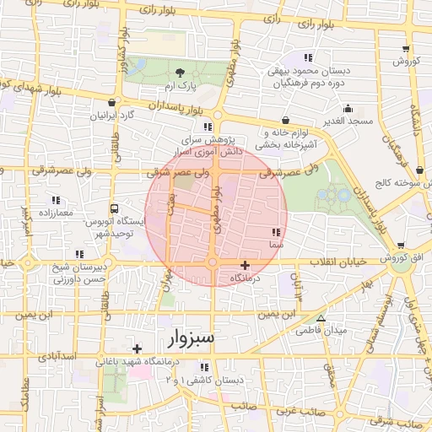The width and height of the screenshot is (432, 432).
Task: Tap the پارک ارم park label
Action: (x=180, y=87)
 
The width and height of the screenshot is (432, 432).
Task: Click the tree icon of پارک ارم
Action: (x=180, y=72)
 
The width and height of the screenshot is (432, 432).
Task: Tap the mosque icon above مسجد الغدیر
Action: (x=348, y=108)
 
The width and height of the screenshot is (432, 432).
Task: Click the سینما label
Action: (x=276, y=244)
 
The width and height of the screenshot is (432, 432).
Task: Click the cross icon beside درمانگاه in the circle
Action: (x=245, y=265)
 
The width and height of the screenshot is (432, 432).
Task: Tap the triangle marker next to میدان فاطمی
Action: (x=321, y=318)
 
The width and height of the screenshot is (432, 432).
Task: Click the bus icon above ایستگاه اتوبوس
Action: (x=114, y=208)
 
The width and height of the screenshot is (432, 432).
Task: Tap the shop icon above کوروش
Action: (x=407, y=49)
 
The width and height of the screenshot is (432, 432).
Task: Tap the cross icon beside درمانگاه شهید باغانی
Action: (x=137, y=348)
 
